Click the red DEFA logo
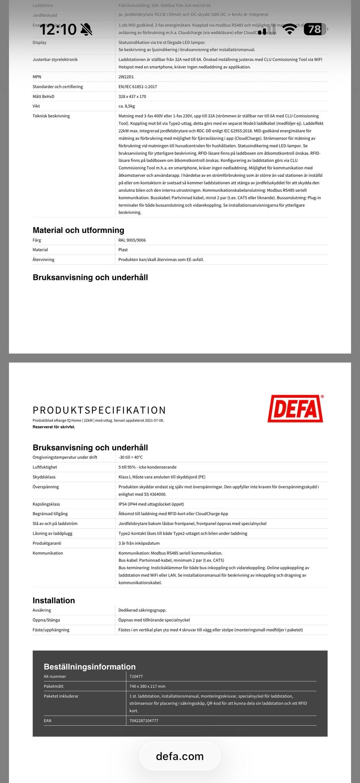tap(295, 409)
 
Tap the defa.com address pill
tap(180, 756)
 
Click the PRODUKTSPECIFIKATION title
tap(99, 410)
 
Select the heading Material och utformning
tap(78, 230)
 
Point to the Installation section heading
tap(54, 600)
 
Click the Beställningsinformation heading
tap(90, 666)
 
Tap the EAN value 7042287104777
tap(144, 720)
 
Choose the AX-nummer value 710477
tap(136, 676)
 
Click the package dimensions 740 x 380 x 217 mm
tap(147, 686)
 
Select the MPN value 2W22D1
tap(126, 77)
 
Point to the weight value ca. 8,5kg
tap(127, 106)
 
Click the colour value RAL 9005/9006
tap(132, 240)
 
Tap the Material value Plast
tap(123, 249)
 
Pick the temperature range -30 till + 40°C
tap(130, 457)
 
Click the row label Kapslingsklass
tap(46, 504)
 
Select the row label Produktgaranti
tap(47, 543)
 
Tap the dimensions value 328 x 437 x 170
tap(132, 96)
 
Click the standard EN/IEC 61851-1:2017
tap(138, 87)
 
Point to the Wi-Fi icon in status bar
tap(289, 29)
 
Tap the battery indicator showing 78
tap(315, 29)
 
